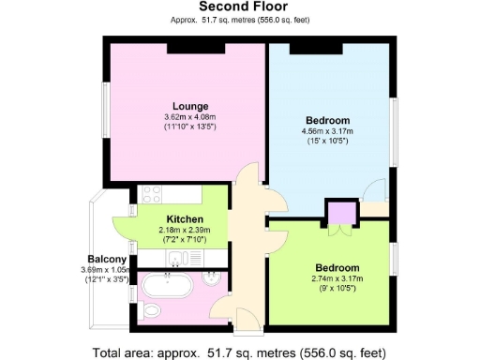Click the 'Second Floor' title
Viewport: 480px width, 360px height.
coord(239,7)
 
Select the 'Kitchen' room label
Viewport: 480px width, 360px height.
coord(185,219)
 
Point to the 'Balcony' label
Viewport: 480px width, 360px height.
coord(107,259)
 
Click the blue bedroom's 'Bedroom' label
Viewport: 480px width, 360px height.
coord(327,120)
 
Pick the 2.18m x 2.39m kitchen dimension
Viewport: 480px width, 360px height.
coord(185,230)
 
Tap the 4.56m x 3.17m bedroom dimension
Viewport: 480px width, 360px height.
coord(327,131)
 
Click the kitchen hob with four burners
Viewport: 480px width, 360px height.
coord(152,195)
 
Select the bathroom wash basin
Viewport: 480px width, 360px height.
coord(214,280)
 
